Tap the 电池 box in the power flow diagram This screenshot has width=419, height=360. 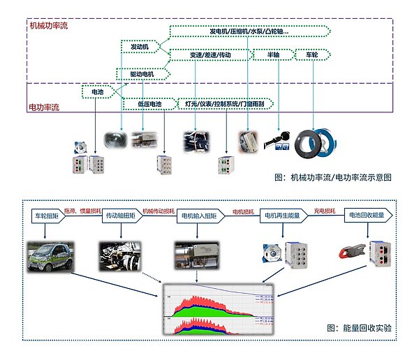point(93,91)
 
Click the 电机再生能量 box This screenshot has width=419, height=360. point(282,216)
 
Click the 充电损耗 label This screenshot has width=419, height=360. point(325,211)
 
